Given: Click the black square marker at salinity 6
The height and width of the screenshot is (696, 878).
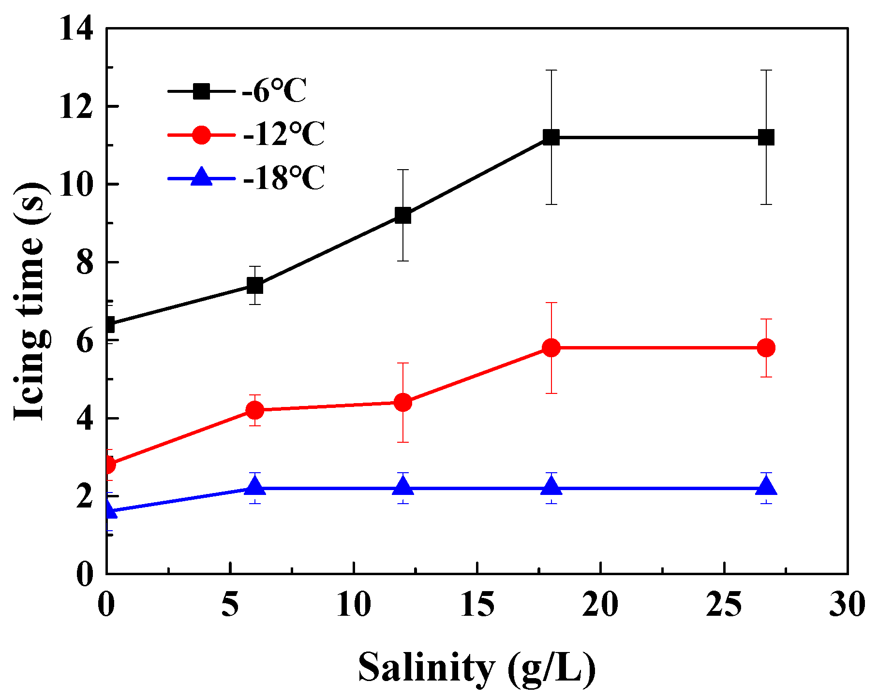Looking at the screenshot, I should click(x=254, y=285).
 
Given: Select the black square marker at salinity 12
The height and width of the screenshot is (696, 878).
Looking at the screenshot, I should click(x=403, y=215).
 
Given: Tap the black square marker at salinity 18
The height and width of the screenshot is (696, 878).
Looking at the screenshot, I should click(x=551, y=137).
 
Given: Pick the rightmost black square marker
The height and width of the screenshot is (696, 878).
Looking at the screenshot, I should click(x=766, y=137).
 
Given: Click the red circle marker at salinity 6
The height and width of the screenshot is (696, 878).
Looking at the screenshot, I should click(x=254, y=410).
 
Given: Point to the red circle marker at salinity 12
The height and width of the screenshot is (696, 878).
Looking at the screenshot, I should click(x=403, y=402).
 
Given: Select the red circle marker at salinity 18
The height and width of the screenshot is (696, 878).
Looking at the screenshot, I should click(x=551, y=348).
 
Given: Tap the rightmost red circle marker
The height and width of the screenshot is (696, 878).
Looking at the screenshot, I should click(x=766, y=348).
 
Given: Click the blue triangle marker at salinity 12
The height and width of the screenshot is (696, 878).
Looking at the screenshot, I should click(x=403, y=486).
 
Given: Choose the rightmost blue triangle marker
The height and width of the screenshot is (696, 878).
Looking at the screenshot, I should click(x=766, y=486).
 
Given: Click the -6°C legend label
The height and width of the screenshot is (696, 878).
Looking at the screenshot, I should click(x=274, y=90).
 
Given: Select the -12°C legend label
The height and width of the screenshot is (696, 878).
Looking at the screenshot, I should click(x=283, y=134).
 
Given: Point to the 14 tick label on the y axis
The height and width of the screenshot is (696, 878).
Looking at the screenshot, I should click(x=76, y=29).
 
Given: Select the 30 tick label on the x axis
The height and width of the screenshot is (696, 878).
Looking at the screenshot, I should click(x=847, y=604).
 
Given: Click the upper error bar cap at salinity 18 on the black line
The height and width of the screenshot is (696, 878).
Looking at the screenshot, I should click(x=551, y=70).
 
